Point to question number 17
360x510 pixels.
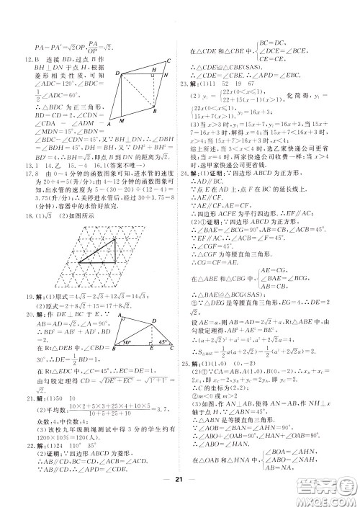pos(30,191)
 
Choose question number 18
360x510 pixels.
pos(30,224)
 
